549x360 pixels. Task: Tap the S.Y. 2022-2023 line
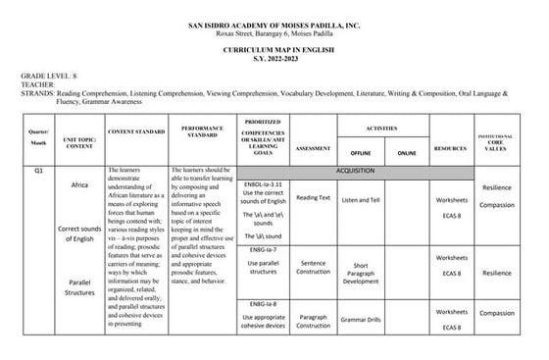[x=274, y=56]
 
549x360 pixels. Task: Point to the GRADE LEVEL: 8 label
[x=41, y=75]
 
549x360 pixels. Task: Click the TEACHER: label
[x=39, y=83]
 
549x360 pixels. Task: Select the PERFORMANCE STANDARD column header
[x=202, y=130]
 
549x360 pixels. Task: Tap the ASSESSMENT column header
[x=313, y=149]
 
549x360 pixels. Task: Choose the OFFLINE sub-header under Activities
[x=360, y=154]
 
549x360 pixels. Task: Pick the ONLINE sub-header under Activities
[x=406, y=154]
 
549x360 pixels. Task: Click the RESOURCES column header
[x=451, y=149]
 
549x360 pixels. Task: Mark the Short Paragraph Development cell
[x=361, y=273]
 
